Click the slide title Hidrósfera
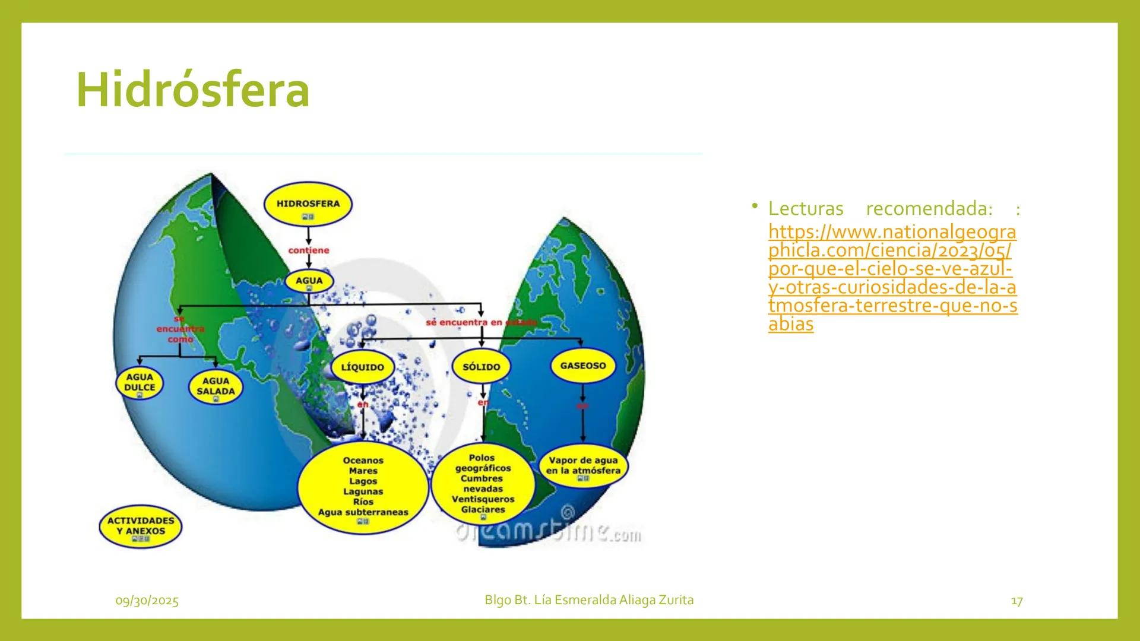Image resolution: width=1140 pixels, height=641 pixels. pyautogui.click(x=193, y=90)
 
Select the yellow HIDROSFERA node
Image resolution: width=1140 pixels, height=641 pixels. pyautogui.click(x=308, y=204)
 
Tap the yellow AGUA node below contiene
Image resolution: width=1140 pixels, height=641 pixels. pyautogui.click(x=309, y=281)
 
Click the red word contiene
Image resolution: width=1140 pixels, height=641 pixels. pyautogui.click(x=308, y=250)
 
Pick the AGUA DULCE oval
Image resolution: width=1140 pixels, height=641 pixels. pyautogui.click(x=140, y=383)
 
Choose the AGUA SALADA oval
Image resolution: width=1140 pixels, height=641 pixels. pyautogui.click(x=216, y=387)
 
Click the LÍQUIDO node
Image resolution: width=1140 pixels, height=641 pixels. pyautogui.click(x=362, y=367)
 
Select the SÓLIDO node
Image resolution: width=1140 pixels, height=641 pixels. pyautogui.click(x=481, y=367)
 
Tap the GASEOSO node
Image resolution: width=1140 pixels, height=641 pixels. pyautogui.click(x=582, y=366)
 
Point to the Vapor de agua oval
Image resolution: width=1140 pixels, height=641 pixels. pyautogui.click(x=583, y=466)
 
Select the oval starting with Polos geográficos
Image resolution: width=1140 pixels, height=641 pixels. pyautogui.click(x=483, y=484)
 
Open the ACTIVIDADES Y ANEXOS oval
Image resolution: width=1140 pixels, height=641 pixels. pyautogui.click(x=141, y=526)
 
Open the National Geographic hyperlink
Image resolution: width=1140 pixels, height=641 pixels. pyautogui.click(x=892, y=277)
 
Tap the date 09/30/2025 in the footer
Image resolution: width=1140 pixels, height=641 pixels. pyautogui.click(x=147, y=601)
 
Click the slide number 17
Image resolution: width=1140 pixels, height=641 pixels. pyautogui.click(x=1016, y=601)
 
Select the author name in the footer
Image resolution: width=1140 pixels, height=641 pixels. pyautogui.click(x=589, y=600)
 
